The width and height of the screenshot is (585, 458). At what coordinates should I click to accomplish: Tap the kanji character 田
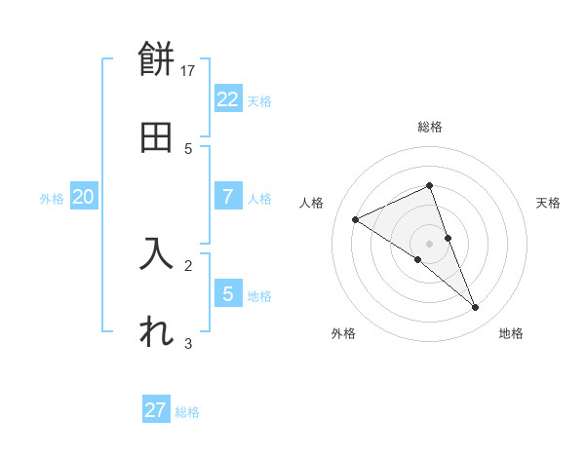coord(157,137)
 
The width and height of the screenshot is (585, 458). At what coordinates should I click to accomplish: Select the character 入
coord(157,254)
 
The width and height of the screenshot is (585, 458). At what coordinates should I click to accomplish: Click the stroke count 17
coord(189,70)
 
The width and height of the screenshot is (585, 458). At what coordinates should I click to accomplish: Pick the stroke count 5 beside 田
coord(188,148)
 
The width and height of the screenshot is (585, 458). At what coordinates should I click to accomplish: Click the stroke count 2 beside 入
coord(188,264)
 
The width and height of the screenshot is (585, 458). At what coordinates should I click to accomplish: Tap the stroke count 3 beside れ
coord(188,342)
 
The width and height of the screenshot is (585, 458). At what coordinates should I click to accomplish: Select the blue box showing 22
coord(227,99)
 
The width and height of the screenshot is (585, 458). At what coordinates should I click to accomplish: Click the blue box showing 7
coord(227,197)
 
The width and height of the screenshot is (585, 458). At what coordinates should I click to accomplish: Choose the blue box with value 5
coord(227,293)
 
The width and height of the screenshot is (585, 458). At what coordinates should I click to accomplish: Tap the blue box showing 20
coord(83,197)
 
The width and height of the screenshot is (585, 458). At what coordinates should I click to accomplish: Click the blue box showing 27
coord(156,410)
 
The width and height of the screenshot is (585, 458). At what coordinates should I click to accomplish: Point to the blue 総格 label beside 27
coord(187,412)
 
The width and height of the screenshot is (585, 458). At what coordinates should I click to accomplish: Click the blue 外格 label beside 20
coord(52,199)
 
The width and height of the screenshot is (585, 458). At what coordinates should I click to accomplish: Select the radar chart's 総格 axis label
coord(430,127)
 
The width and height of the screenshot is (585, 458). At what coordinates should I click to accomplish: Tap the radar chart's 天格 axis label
coord(548,203)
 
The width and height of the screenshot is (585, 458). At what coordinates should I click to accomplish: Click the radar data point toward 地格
coord(476,308)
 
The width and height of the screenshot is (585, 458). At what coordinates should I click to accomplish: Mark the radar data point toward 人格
coord(356,220)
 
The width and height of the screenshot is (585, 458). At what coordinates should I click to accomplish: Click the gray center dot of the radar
coord(429,243)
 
